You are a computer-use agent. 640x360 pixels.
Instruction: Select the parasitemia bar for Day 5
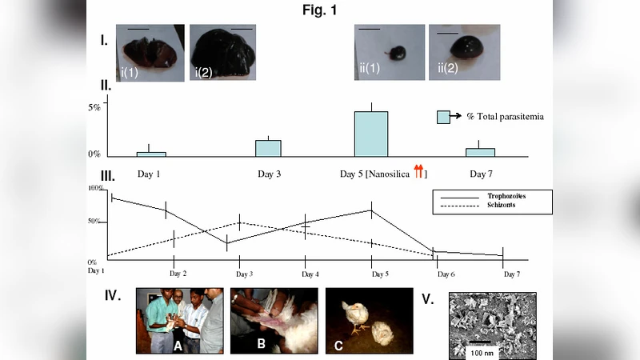pos(371,134)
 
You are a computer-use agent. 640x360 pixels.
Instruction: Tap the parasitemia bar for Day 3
pos(269,148)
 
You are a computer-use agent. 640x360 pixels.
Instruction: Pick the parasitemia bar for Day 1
pos(150,154)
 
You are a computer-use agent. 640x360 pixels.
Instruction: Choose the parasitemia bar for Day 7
pos(480,152)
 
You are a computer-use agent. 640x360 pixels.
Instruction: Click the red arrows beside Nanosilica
pos(418,171)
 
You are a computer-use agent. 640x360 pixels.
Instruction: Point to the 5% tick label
pos(94,106)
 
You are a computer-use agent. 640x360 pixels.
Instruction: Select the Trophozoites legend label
pos(506,195)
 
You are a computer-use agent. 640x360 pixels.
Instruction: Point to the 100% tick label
pos(96,188)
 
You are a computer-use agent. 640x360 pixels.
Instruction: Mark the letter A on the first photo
pos(178,345)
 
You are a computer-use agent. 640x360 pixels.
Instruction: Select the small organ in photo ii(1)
pos(394,54)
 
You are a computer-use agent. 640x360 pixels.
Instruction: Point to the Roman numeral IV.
pos(113,295)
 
